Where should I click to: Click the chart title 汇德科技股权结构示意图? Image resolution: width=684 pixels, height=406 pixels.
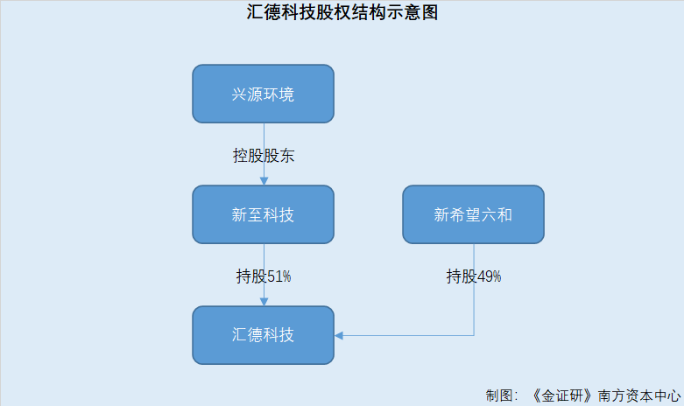(342, 11)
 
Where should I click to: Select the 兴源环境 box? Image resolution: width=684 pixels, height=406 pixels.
(263, 94)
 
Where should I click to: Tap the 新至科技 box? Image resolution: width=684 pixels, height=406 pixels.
(263, 214)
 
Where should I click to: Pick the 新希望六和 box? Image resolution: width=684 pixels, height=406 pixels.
(473, 214)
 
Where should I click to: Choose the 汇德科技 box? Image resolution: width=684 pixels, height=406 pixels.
(263, 335)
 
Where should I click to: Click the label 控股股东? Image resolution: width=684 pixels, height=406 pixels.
(264, 156)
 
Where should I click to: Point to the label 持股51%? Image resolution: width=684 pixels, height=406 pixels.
(264, 276)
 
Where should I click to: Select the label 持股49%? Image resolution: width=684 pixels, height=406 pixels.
(474, 276)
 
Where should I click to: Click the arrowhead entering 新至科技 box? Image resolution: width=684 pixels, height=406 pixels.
(264, 181)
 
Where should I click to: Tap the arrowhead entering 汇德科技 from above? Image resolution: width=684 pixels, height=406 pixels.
(264, 302)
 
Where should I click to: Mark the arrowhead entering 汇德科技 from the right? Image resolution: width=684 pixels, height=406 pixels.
(339, 335)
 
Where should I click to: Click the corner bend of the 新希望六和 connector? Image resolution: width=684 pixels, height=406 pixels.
(474, 335)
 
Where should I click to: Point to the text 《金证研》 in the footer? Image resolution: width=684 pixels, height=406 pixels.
(563, 395)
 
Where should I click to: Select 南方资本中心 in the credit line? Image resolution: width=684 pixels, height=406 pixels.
(639, 395)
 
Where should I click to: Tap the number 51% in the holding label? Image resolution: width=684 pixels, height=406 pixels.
(279, 276)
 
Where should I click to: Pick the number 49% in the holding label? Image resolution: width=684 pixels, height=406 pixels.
(489, 276)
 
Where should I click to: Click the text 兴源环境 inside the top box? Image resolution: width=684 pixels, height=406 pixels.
(263, 94)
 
